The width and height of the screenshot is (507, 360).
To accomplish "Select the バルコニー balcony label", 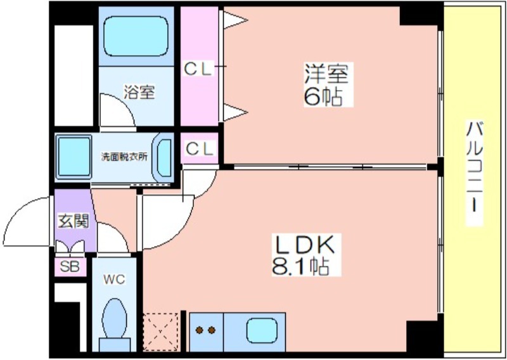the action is pos(474,169).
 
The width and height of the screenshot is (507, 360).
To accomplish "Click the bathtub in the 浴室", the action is pos(136,36).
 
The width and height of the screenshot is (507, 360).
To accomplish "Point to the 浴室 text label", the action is pos(139,92).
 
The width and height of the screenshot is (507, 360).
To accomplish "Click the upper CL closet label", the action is pos(198,69).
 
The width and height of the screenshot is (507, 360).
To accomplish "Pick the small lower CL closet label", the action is pos(200,148).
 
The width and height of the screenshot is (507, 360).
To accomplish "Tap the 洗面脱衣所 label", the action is pos(124,157).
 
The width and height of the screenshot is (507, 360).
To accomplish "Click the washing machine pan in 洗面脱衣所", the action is pos(74,157).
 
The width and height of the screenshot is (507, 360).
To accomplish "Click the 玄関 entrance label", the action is pos(73,222).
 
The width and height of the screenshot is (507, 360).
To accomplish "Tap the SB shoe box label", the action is pos(70,267).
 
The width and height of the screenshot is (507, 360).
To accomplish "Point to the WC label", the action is pos(114,279).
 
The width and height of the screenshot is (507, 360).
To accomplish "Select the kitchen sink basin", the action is pos(262,330).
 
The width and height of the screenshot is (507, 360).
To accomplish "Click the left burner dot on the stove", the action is pos(199,330).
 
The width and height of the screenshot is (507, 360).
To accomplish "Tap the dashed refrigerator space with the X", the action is pos(161,331).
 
